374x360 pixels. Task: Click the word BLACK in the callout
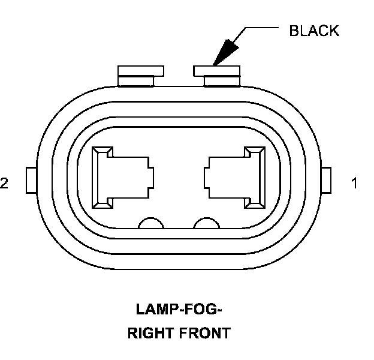(313, 31)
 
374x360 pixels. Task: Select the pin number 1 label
(355, 183)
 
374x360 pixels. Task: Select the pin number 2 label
(5, 183)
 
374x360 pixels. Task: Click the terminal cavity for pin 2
(120, 178)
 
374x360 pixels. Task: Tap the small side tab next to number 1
(327, 180)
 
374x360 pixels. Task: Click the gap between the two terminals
(179, 178)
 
